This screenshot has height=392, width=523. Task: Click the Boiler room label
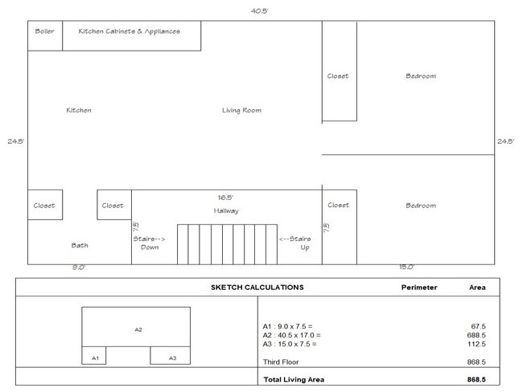pos(44,31)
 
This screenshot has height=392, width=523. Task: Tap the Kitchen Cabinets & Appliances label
pos(129,31)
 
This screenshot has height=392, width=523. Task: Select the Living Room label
pos(242,110)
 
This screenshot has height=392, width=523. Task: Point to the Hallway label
pos(226,210)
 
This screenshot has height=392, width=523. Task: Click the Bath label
pos(80,246)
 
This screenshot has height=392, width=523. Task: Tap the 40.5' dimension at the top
pos(260,11)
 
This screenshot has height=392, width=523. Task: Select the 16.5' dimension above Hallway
pos(225,198)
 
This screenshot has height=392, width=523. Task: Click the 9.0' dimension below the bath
pos(79,267)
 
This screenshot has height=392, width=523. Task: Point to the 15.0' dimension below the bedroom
pos(406,267)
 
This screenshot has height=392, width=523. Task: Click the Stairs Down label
pos(149,243)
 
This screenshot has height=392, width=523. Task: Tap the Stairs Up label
pos(295,243)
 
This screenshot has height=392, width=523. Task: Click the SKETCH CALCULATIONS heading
pos(257,288)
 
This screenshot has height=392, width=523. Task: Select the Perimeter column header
pos(419,288)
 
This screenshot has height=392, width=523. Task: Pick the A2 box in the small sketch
pos(136,327)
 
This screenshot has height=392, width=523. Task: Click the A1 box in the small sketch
pos(93,355)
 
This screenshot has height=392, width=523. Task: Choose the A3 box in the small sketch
pos(170,355)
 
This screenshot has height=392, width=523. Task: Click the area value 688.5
pos(476,336)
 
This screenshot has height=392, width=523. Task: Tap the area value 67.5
pos(478,326)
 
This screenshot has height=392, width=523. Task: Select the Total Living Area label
pos(294,380)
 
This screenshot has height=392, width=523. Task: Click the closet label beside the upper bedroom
pos(338,76)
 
